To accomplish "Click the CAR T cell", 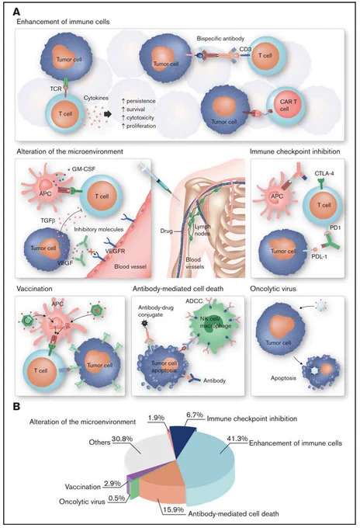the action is pyautogui.click(x=286, y=105).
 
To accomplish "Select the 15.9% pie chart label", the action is pyautogui.click(x=173, y=510).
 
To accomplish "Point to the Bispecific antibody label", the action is pyautogui.click(x=220, y=38).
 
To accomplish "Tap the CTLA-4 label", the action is pyautogui.click(x=324, y=173).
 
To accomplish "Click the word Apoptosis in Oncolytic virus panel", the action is pyautogui.click(x=283, y=378).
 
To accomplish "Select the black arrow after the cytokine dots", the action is pyautogui.click(x=107, y=114).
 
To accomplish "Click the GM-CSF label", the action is pyautogui.click(x=83, y=168).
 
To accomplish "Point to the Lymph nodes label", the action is pyautogui.click(x=202, y=230).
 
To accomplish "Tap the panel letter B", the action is pyautogui.click(x=16, y=407).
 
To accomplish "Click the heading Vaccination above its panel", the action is pyautogui.click(x=34, y=289).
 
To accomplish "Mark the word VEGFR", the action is pyautogui.click(x=115, y=251).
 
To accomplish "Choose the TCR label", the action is pyautogui.click(x=56, y=89).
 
